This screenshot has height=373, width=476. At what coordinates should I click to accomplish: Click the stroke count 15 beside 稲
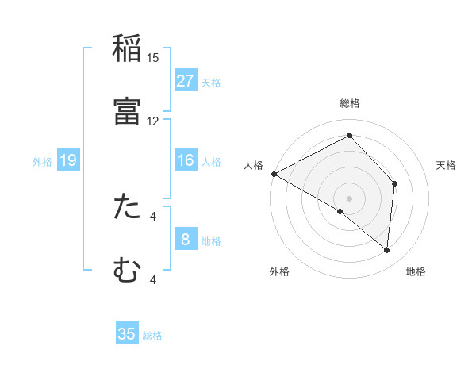pos(153,58)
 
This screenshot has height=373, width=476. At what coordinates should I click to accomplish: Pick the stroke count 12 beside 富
pos(153,121)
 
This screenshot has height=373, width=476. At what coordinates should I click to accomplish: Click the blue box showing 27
pos(186,81)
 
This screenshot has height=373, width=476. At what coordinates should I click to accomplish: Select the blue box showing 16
pos(186,160)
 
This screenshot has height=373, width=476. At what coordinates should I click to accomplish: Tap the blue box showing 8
pos(186,240)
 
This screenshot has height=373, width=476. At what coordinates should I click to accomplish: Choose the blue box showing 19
pos(68,160)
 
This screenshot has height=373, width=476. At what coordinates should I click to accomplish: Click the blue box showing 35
pos(127,334)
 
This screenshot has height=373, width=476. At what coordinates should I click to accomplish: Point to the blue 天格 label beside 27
pos(211,82)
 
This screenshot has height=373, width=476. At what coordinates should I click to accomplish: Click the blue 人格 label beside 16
pos(211,161)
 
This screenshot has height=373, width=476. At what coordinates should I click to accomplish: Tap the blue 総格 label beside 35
pos(152,335)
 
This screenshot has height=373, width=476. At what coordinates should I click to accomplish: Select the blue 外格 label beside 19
pos(42,161)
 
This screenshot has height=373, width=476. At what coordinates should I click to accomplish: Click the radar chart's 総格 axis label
pos(349,103)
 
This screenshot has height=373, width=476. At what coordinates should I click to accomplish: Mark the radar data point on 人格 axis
pos(274,174)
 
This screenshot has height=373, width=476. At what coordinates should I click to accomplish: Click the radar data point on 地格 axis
pos(386,250)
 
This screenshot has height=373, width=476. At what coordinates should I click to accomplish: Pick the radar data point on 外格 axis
pos(340,211)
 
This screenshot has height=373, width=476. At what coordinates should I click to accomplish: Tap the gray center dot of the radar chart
pos(349,198)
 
